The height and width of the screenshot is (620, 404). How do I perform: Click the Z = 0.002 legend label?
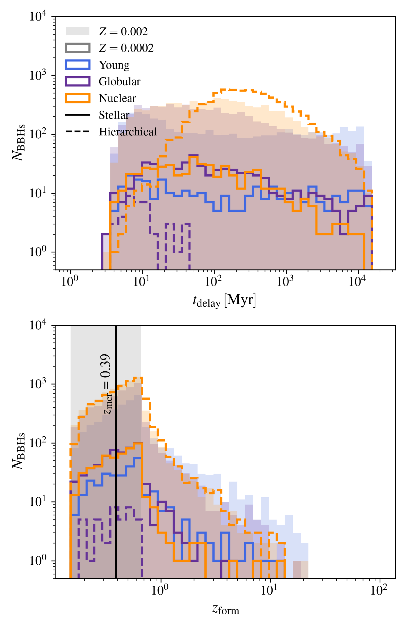coord(123,32)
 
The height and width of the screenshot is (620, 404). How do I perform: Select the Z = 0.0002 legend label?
coord(126,48)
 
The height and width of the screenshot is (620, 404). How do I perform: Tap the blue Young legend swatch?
coord(78,65)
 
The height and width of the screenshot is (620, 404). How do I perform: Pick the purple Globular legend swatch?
coord(78,81)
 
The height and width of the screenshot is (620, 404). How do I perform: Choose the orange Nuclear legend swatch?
coord(78,98)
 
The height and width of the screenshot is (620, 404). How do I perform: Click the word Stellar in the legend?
coord(114,115)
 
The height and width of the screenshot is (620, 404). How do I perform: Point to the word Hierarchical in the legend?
coord(128,132)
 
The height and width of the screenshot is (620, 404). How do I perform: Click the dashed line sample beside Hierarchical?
coord(78,132)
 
